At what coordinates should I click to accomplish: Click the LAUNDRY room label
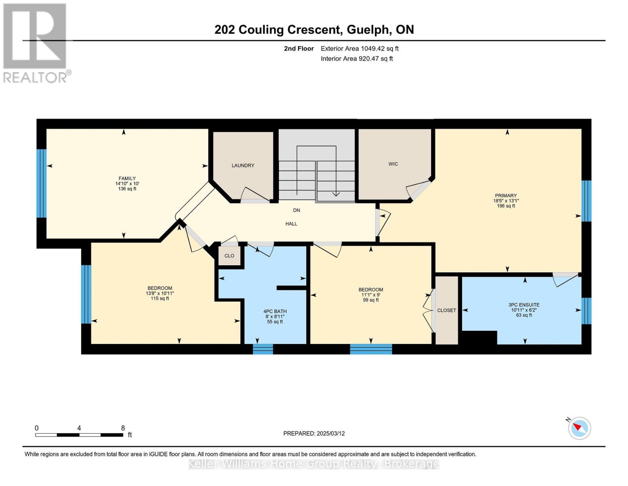(243, 165)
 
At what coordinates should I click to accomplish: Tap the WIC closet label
(393, 164)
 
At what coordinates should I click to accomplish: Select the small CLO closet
(229, 256)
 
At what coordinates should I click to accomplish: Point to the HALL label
(291, 224)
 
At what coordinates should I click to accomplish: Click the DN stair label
(296, 210)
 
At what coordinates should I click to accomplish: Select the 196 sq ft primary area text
(506, 206)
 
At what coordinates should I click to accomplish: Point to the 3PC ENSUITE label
(524, 305)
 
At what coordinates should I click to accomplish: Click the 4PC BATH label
(275, 311)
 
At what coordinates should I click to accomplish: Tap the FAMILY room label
(127, 179)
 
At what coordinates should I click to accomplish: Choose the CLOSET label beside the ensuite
(446, 310)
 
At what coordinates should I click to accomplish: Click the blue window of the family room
(42, 183)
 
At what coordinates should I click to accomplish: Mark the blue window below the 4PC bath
(263, 349)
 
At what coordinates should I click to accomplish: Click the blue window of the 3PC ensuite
(586, 311)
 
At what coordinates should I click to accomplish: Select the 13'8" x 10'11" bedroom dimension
(160, 293)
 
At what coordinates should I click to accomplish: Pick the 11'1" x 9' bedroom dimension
(370, 295)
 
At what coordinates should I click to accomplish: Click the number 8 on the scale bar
(123, 428)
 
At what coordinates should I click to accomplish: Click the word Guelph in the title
(368, 30)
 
